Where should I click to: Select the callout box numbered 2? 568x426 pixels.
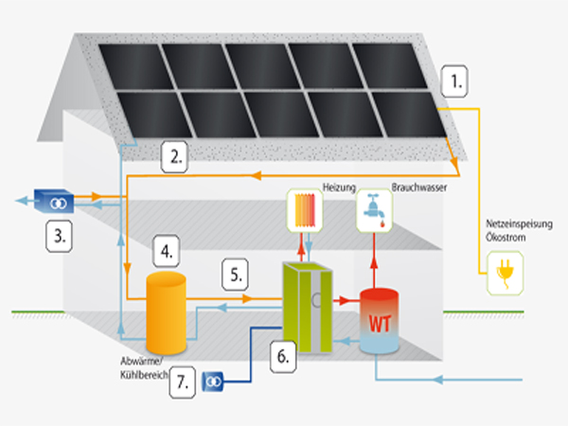174,157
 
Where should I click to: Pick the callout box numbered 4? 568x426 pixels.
167,254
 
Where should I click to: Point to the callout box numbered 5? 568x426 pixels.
238,275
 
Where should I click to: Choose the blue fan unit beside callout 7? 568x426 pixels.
214,381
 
